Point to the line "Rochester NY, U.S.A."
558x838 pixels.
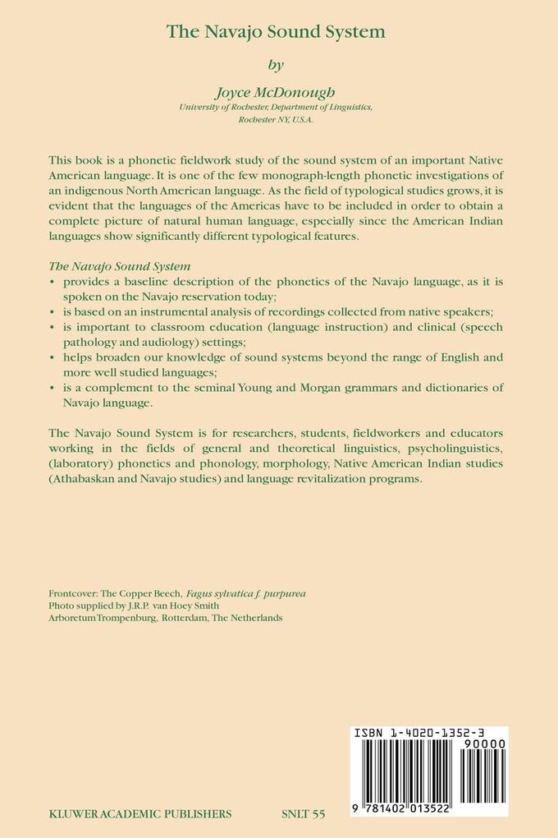point(276,119)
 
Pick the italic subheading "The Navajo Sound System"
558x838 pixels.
point(120,266)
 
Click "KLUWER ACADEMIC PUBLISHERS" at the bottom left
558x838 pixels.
point(139,814)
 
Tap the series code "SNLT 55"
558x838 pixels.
point(303,814)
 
